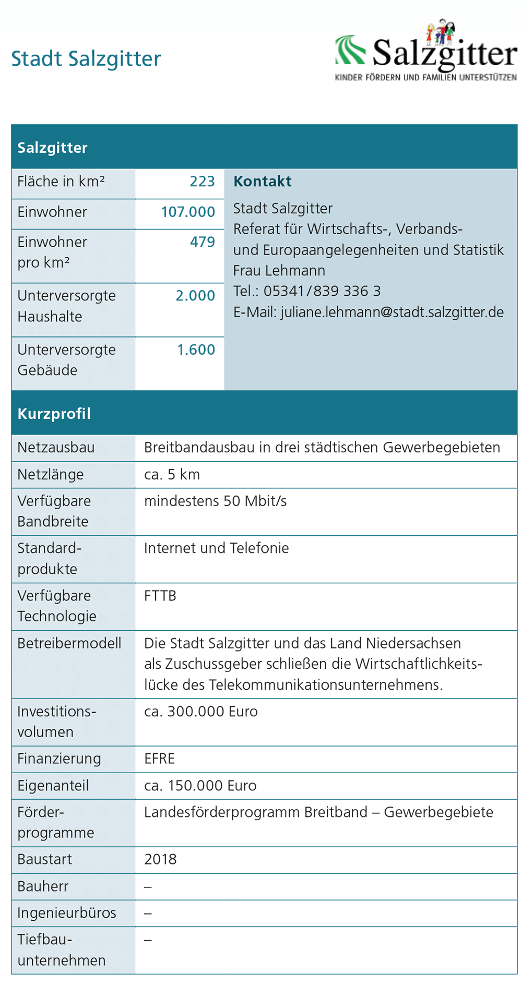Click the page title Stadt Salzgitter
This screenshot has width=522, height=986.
(x=86, y=58)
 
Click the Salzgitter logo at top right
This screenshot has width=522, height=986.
(x=425, y=51)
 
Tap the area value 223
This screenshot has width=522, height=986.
(x=202, y=182)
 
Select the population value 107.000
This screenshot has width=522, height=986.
(x=188, y=212)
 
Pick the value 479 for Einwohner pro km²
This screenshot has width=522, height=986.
(x=202, y=242)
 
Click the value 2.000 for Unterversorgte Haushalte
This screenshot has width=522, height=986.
(x=195, y=295)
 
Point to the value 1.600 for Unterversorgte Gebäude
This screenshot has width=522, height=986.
(x=196, y=350)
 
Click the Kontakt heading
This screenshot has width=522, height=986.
(x=262, y=182)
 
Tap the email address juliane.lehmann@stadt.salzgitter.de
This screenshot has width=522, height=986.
(x=392, y=312)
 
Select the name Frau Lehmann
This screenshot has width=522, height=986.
(x=279, y=270)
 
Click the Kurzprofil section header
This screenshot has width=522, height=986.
(x=54, y=414)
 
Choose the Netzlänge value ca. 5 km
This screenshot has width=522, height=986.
(x=172, y=474)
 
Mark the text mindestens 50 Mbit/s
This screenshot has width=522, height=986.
(x=215, y=501)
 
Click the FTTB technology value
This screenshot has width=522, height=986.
(x=160, y=595)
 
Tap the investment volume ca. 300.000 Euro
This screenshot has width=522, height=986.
(x=200, y=712)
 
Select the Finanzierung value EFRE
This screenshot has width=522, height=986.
(x=159, y=759)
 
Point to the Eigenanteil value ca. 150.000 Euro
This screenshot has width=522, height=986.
(x=200, y=786)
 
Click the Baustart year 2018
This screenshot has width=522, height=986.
(x=160, y=859)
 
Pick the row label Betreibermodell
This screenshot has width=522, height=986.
(x=69, y=643)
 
